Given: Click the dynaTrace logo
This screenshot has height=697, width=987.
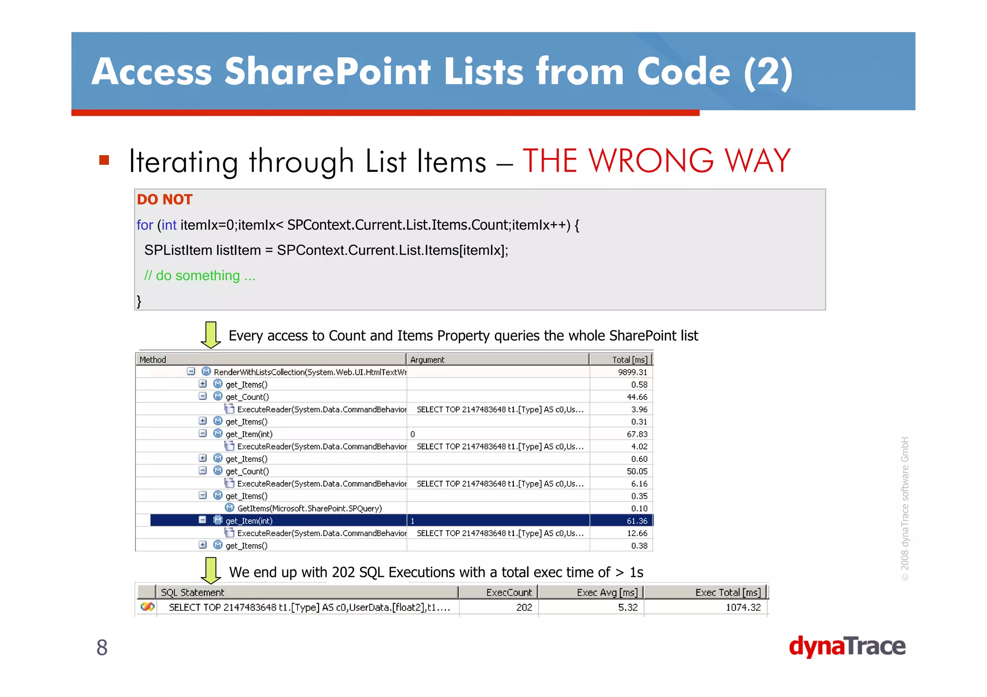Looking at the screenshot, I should pyautogui.click(x=847, y=646).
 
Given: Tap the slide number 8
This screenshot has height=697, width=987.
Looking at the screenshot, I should pyautogui.click(x=102, y=647).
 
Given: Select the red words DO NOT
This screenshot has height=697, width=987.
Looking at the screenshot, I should pyautogui.click(x=164, y=199).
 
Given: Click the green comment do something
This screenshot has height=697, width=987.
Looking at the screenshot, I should pyautogui.click(x=200, y=276).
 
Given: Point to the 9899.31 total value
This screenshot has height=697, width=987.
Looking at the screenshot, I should pyautogui.click(x=632, y=372).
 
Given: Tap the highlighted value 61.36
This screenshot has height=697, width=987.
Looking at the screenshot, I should pyautogui.click(x=637, y=521).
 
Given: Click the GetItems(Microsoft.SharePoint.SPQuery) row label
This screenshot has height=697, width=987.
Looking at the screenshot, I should pyautogui.click(x=309, y=508).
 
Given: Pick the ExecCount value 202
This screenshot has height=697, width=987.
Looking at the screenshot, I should pyautogui.click(x=524, y=607).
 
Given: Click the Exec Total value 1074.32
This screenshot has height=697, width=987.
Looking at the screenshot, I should pyautogui.click(x=743, y=607).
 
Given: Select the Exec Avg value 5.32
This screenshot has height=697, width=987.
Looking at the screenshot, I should pyautogui.click(x=627, y=607).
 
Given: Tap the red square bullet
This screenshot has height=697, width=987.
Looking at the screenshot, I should pyautogui.click(x=104, y=160).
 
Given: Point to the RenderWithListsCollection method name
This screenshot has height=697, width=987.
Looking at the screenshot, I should pyautogui.click(x=309, y=372).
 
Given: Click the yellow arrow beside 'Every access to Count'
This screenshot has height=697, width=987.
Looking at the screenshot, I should pyautogui.click(x=211, y=335).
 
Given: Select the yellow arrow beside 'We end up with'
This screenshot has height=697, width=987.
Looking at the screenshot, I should pyautogui.click(x=211, y=570).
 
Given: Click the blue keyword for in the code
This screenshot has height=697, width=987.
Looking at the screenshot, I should pyautogui.click(x=145, y=225).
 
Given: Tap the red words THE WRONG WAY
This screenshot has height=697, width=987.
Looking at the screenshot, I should pyautogui.click(x=656, y=160).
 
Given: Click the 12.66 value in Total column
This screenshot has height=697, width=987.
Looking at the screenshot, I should pyautogui.click(x=637, y=533).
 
